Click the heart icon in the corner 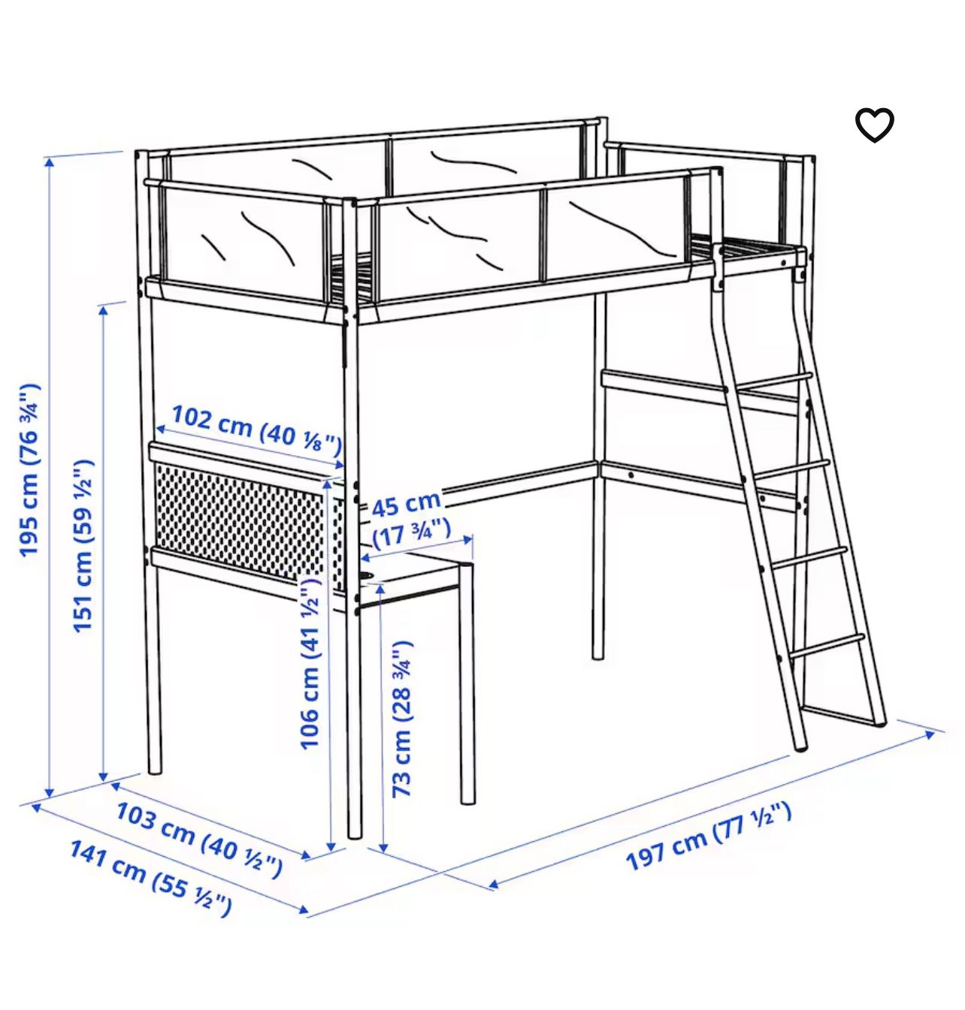[874, 125]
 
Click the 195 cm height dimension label [29, 470]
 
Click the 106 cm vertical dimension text [310, 662]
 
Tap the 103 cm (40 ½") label [199, 838]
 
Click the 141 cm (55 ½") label [150, 878]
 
